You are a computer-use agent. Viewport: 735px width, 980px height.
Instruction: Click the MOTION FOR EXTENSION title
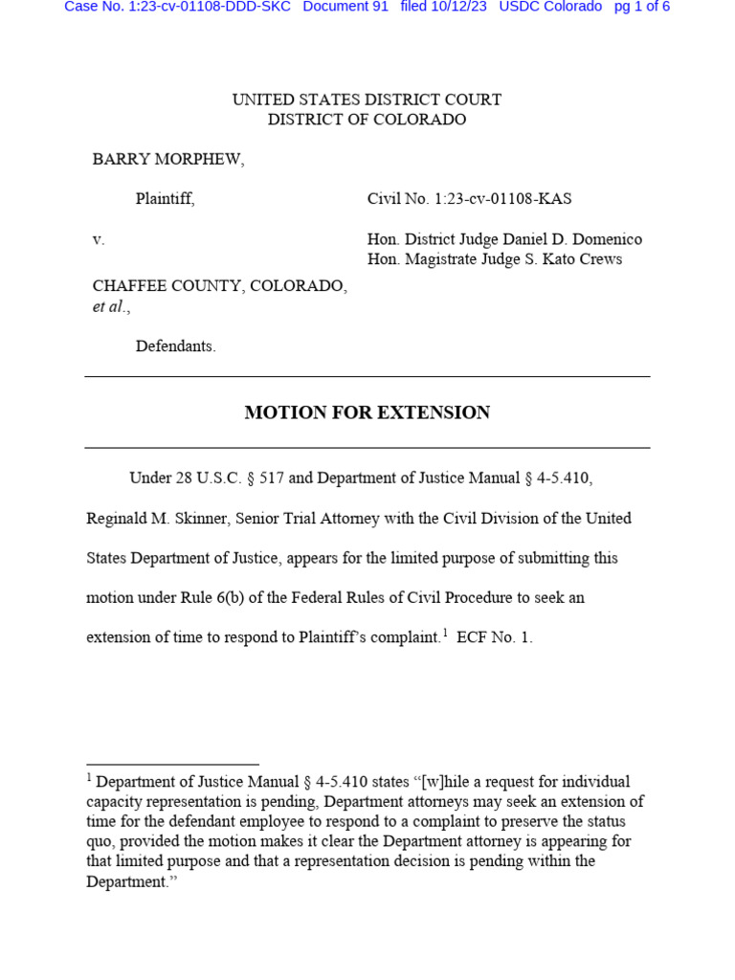coord(367,412)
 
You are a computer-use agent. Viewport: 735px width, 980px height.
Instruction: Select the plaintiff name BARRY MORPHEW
coord(167,160)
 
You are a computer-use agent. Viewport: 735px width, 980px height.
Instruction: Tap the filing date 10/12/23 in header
coord(457,7)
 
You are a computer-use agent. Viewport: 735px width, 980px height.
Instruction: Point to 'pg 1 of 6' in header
coord(641,7)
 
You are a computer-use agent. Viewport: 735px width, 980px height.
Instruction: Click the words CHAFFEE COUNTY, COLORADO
coord(219,286)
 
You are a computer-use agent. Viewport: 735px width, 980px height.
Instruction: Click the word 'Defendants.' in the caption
coord(175,346)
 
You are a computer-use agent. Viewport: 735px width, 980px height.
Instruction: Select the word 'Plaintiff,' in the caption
coord(165,199)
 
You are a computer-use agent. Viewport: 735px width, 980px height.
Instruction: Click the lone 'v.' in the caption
coord(99,239)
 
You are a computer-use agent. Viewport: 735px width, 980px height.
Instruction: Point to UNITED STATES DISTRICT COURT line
coord(367,100)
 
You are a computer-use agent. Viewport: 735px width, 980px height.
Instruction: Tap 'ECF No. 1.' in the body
coord(494,637)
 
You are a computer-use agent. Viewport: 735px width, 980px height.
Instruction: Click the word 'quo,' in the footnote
coord(102,841)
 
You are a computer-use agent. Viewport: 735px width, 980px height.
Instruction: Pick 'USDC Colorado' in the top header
coord(550,7)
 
